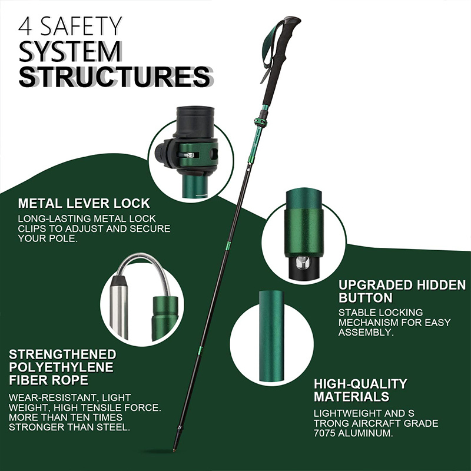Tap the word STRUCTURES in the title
[x=115, y=77]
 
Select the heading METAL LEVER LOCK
[x=84, y=204]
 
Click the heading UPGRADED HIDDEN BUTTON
[x=402, y=291]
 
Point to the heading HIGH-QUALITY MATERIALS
[x=360, y=390]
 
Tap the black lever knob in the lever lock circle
[x=161, y=154]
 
